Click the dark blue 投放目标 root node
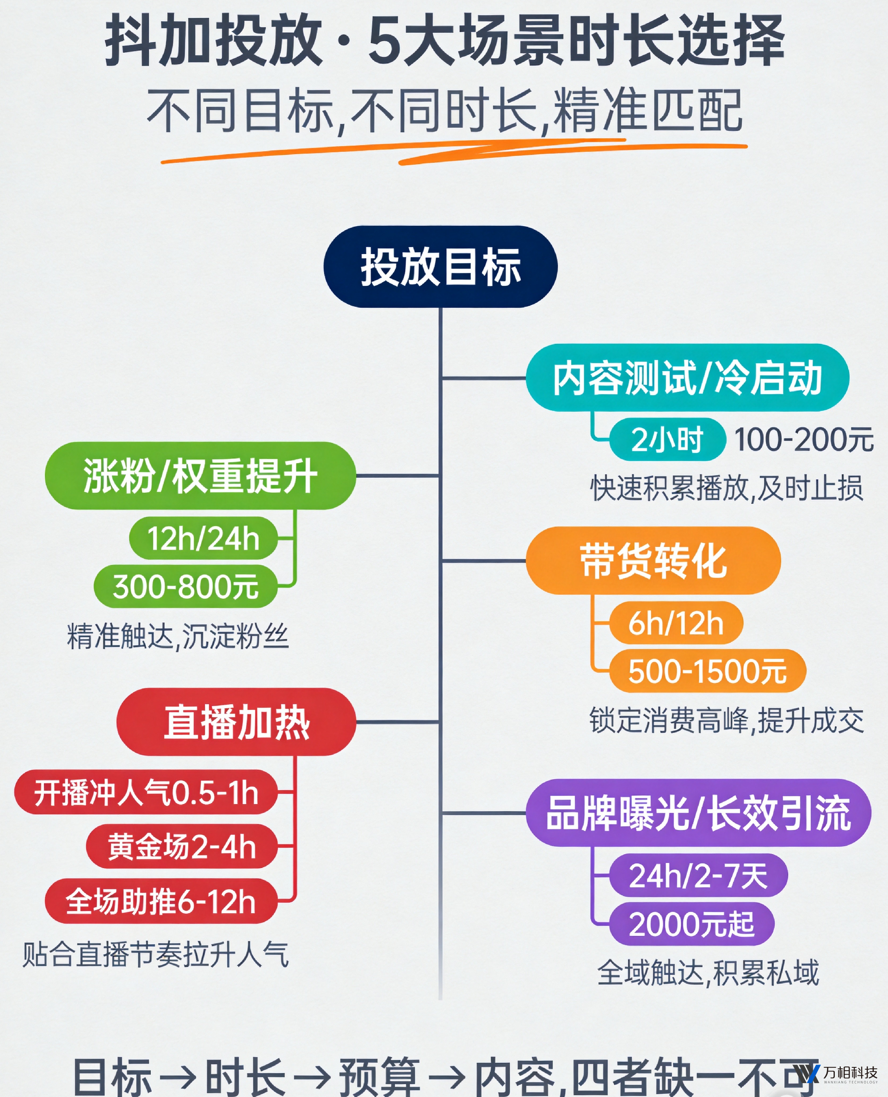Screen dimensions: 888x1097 440,267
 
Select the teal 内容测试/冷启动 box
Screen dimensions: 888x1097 687,378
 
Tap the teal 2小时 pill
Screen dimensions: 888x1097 667,440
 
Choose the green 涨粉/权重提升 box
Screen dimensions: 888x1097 201,475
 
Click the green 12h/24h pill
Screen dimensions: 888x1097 203,538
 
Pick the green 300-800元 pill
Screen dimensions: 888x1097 185,586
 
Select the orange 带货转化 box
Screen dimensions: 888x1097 653,560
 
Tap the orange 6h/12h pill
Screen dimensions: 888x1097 676,623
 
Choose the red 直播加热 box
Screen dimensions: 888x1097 236,721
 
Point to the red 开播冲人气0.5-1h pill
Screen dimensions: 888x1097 146,792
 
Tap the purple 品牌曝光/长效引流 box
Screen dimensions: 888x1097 698,812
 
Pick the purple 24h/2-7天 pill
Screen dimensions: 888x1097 698,875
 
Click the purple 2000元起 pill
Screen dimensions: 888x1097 691,924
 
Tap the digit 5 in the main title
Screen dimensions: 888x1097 385,40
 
